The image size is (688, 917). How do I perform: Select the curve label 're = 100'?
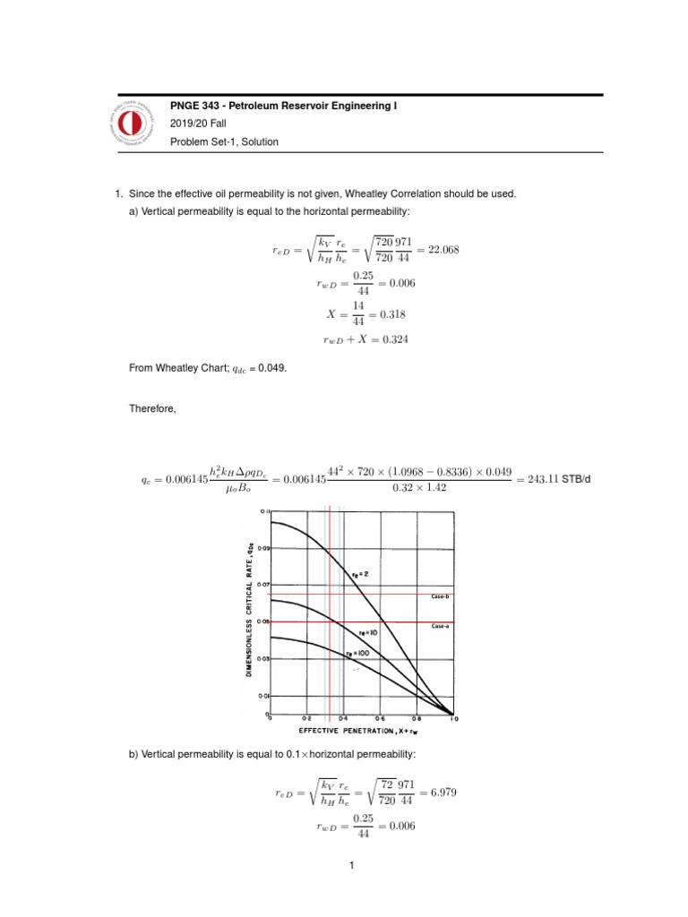point(357,653)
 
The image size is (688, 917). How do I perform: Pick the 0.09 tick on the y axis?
point(263,546)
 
